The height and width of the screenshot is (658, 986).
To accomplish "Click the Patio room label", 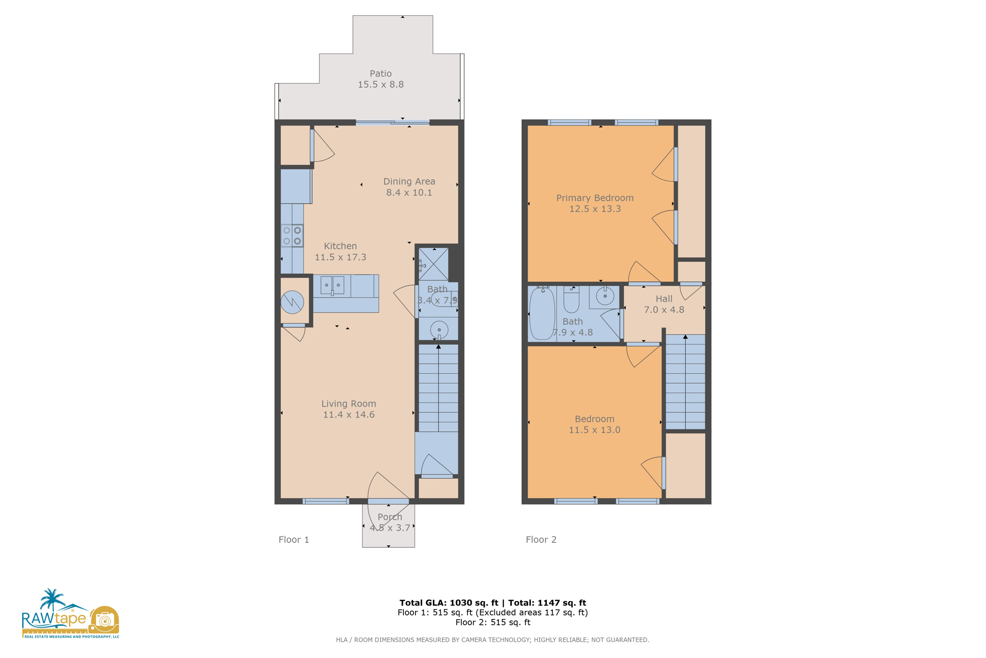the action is pos(380,74).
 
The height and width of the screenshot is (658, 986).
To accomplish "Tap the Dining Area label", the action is pos(409,182).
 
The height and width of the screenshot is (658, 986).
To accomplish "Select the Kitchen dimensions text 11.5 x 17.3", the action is pos(340,257).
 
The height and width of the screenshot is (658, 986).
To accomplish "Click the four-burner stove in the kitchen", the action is pos(292,236).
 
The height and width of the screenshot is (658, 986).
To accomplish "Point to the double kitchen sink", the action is pos(332,285).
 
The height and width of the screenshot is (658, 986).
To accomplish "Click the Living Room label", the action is pos(349,404).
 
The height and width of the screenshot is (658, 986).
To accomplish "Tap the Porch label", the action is pos(389,517).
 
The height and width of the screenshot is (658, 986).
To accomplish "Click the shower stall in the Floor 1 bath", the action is pos(433,264).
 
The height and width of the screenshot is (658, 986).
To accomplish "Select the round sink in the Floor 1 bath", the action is pos(439,330).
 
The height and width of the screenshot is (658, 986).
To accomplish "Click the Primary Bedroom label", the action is pos(595,198).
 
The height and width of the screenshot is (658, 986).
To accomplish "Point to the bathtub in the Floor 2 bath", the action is pos(542,313).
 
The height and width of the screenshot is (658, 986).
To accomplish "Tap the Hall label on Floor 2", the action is pos(664,299).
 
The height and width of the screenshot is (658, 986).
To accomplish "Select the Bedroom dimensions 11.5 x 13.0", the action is pos(595,430).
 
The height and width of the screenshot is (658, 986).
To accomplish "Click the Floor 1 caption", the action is pos(294,540).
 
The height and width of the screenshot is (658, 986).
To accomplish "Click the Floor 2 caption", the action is pos(541,540).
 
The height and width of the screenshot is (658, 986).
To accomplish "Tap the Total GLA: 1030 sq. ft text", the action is pos(449,603).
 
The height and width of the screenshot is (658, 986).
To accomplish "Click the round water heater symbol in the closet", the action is pos(292,303).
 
